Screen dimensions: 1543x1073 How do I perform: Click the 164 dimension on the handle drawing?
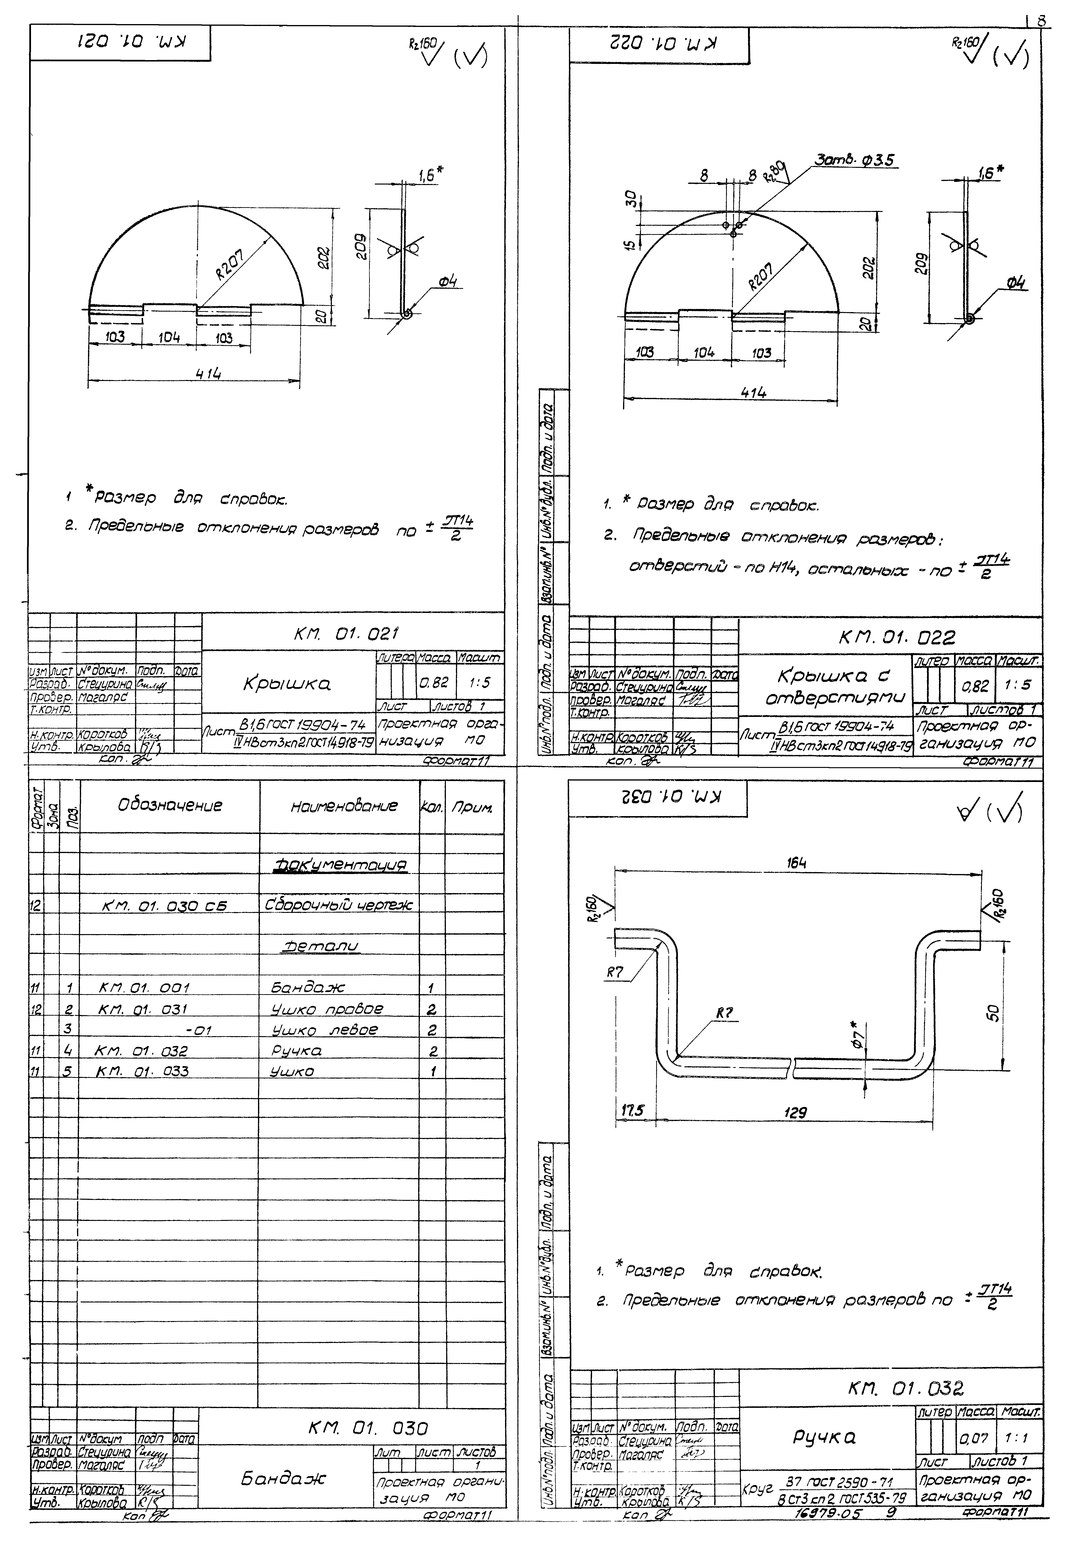pyautogui.click(x=797, y=863)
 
